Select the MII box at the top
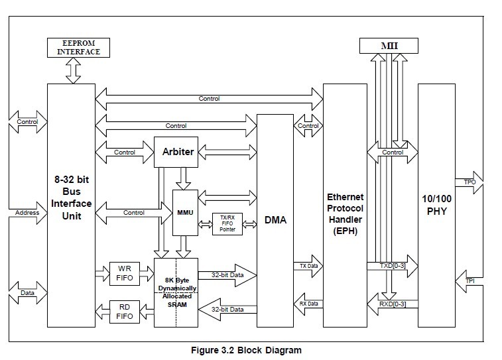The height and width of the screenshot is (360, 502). [x=389, y=46]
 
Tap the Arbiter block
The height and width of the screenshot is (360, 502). [x=178, y=152]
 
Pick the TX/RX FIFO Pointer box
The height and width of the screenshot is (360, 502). [x=227, y=225]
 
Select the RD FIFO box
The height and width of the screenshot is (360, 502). [x=124, y=311]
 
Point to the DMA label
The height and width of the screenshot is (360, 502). [x=275, y=219]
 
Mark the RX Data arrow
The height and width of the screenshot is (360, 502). [x=308, y=304]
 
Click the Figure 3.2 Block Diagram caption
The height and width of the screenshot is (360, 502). [x=245, y=350]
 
